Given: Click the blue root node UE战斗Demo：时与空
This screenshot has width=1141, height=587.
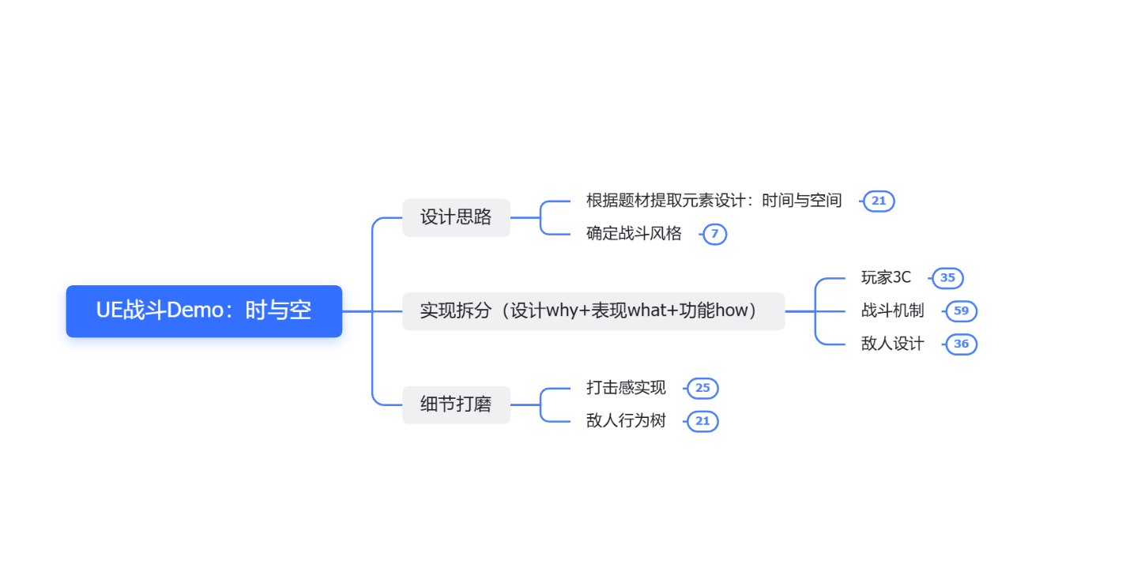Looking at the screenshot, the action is coord(204,311).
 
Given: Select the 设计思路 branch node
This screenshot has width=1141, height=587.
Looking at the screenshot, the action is coord(456,217).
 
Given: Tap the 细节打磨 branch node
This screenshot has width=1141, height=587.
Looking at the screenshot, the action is coord(456,405).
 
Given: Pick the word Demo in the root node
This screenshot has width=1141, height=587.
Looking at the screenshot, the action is coord(195,310).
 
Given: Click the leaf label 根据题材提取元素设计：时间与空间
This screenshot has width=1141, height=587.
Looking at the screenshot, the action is coord(714,201).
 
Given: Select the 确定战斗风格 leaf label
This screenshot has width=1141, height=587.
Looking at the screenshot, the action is coord(634,234).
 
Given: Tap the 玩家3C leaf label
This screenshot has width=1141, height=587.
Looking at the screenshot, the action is coord(886,277).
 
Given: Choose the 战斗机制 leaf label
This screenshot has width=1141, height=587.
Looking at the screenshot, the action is coord(892,310).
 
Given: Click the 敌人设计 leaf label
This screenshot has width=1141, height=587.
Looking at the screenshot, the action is coord(892,344).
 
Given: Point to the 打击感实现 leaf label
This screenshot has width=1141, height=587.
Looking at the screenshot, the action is coord(626,388).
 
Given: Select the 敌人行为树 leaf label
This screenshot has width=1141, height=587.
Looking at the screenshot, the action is coord(626,421).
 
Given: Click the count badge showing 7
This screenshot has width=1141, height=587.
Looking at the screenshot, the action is coord(714,234).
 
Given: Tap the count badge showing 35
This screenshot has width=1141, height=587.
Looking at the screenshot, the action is coord(947,278).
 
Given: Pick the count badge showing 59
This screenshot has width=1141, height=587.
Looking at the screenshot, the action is coord(961,311).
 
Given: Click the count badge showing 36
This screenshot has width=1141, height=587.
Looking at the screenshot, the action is coord(961,344).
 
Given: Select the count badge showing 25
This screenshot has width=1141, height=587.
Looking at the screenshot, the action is coord(702,389).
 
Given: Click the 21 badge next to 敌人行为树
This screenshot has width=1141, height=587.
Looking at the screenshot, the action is coord(702,422).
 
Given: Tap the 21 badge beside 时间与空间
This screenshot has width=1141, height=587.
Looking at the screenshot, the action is coord(879,201).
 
